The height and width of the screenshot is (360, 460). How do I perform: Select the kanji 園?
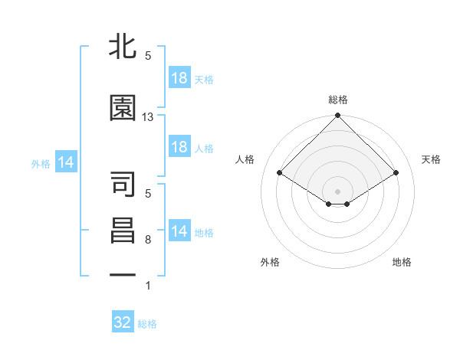(x=123, y=109)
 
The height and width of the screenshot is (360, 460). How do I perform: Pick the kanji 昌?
(x=123, y=231)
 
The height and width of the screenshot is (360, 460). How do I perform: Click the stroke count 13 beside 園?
(x=148, y=117)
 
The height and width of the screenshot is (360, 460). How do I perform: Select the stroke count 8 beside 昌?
(x=148, y=240)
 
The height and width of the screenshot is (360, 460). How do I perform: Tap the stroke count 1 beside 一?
(x=148, y=286)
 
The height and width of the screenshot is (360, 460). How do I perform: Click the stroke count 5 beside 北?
(x=148, y=56)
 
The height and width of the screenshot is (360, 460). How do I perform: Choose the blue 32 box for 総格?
(x=123, y=322)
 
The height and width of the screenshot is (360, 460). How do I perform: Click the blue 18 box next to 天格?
(x=179, y=77)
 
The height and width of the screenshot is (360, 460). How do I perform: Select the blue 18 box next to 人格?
(x=179, y=147)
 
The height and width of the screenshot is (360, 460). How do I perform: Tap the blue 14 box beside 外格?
(x=65, y=162)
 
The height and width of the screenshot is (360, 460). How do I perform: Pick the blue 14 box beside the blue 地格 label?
(x=179, y=231)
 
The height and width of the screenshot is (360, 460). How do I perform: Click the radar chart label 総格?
(x=337, y=100)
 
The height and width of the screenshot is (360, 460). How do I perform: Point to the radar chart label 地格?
(x=402, y=263)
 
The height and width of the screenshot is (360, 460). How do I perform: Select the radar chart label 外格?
(x=270, y=263)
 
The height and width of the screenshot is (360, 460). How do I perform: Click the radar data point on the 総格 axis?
(x=337, y=116)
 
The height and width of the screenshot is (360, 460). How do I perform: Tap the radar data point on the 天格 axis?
(x=396, y=172)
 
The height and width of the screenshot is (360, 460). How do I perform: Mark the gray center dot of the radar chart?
(x=337, y=191)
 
